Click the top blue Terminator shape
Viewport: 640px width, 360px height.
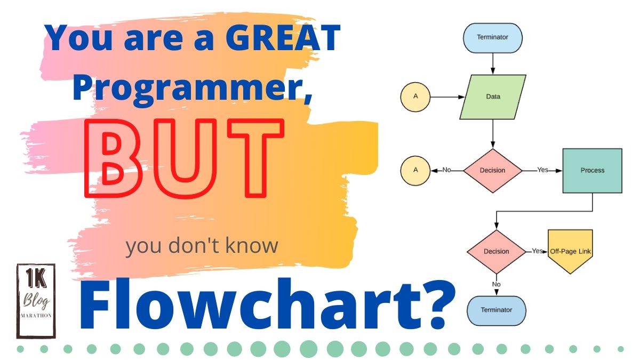click(x=493, y=38)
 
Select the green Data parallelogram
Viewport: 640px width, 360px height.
click(x=493, y=97)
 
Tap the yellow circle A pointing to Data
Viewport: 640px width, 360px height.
click(x=415, y=97)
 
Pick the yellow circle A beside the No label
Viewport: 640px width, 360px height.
click(x=415, y=171)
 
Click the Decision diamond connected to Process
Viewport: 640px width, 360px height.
click(x=492, y=171)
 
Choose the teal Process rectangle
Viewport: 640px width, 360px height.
click(x=593, y=171)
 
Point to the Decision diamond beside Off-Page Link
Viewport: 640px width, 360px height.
click(x=496, y=251)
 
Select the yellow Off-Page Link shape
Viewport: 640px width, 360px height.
click(x=570, y=251)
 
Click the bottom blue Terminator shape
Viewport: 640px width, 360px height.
click(x=497, y=310)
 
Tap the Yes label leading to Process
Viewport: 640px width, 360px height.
click(x=542, y=170)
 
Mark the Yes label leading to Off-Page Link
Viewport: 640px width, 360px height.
click(x=537, y=251)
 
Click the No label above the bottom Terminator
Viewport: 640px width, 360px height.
click(x=497, y=284)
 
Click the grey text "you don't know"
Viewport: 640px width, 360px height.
click(x=202, y=246)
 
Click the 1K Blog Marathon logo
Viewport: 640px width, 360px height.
click(x=36, y=301)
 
